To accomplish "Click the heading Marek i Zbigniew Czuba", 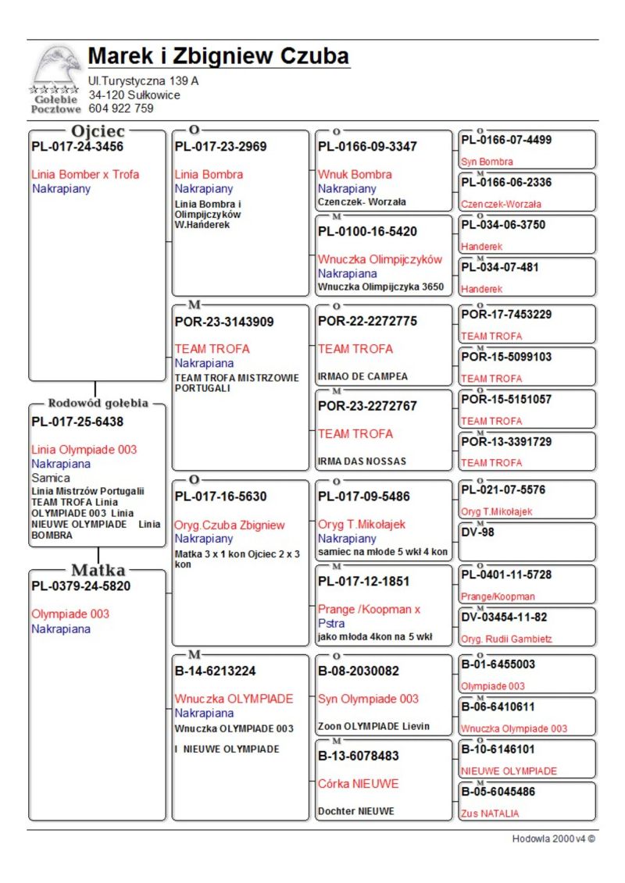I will pyautogui.click(x=218, y=57).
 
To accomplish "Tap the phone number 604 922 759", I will pyautogui.click(x=121, y=109).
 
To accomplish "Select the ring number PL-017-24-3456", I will pyautogui.click(x=77, y=146).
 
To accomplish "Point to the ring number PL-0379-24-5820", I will pyautogui.click(x=80, y=586).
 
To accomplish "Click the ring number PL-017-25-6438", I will pyautogui.click(x=77, y=422).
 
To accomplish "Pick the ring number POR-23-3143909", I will pyautogui.click(x=224, y=322).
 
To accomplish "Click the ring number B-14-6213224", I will pyautogui.click(x=215, y=671).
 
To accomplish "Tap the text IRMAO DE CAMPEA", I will pyautogui.click(x=362, y=376).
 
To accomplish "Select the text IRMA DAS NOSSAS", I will pyautogui.click(x=362, y=461).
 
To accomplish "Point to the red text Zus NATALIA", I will pyautogui.click(x=490, y=814).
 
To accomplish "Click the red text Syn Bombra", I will pyautogui.click(x=487, y=162).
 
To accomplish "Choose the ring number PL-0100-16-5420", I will pyautogui.click(x=367, y=232).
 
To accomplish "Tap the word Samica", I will pyautogui.click(x=51, y=478).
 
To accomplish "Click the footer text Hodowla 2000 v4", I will pyautogui.click(x=553, y=839).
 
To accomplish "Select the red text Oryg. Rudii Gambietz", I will pyautogui.click(x=506, y=639).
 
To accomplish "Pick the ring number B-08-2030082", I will pyautogui.click(x=358, y=671).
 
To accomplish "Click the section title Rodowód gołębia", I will pyautogui.click(x=98, y=404).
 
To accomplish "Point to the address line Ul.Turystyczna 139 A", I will pyautogui.click(x=143, y=80).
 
